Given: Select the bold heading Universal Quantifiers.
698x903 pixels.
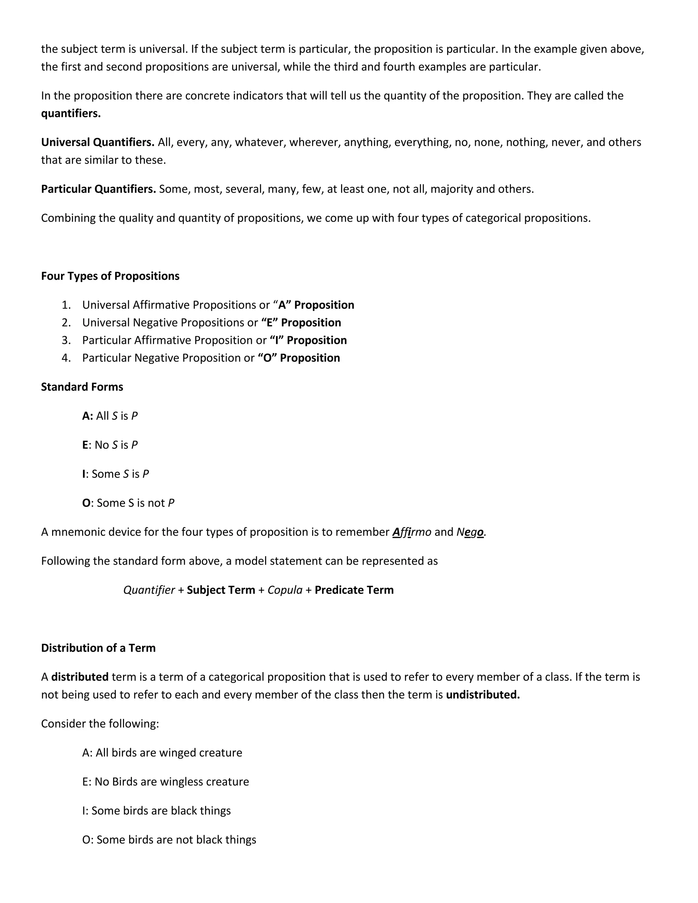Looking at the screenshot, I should click(x=97, y=142).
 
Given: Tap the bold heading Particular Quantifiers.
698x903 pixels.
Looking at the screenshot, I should click(x=98, y=189).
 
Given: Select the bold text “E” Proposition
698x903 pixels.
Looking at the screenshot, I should click(x=301, y=322).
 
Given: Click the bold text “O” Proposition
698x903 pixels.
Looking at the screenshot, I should click(x=299, y=358).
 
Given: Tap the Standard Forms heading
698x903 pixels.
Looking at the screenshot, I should click(x=82, y=387).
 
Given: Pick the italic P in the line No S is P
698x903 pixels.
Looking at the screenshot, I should click(x=134, y=445).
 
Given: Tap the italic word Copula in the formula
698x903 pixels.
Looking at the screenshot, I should click(x=285, y=590).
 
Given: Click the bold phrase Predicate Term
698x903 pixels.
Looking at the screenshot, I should click(x=354, y=590).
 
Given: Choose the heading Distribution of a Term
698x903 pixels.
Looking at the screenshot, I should click(x=98, y=648).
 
